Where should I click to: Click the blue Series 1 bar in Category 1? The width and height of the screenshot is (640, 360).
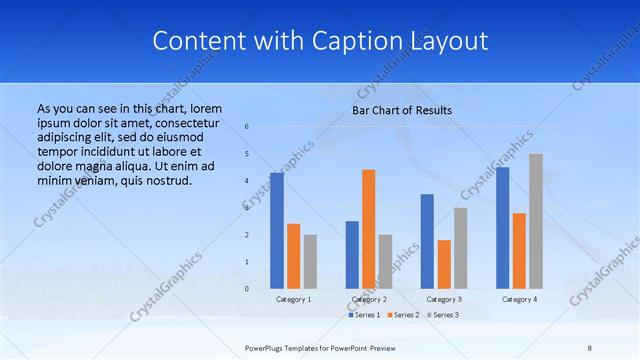click(x=277, y=231)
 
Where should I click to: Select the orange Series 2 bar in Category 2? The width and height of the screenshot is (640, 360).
click(x=369, y=229)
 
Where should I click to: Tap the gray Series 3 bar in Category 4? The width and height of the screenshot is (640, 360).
click(x=536, y=221)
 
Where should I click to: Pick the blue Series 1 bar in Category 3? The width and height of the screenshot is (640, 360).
click(x=427, y=241)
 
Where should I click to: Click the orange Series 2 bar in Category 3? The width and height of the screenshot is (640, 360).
click(x=444, y=264)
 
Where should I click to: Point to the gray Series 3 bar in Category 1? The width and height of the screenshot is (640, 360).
click(x=310, y=261)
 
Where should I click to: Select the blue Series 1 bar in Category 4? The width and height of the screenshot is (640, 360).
click(x=503, y=228)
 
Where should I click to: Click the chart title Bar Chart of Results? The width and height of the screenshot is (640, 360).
click(x=402, y=110)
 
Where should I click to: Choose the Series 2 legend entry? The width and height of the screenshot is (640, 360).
click(x=403, y=315)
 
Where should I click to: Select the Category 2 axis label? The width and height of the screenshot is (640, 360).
click(x=369, y=299)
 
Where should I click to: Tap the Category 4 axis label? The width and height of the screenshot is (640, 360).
click(x=519, y=299)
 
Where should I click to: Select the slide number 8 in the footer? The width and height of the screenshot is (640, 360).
click(x=590, y=347)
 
